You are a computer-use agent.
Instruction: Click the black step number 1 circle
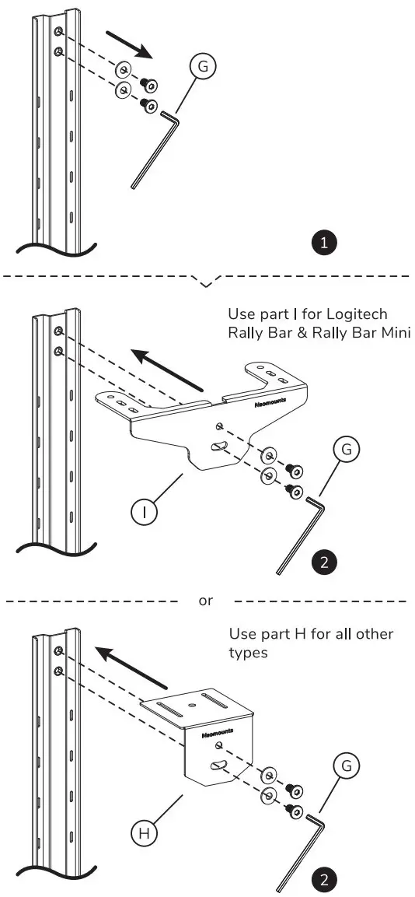click(x=323, y=243)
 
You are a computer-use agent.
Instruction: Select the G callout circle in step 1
click(x=203, y=68)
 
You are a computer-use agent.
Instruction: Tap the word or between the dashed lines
click(x=205, y=601)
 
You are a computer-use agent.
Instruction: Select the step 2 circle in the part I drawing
click(x=323, y=562)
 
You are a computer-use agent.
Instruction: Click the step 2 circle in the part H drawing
click(x=323, y=881)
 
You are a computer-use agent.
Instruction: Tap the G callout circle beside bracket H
click(x=347, y=766)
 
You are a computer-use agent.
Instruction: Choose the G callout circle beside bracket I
click(x=347, y=449)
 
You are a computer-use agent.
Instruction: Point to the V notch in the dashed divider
click(x=206, y=282)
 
